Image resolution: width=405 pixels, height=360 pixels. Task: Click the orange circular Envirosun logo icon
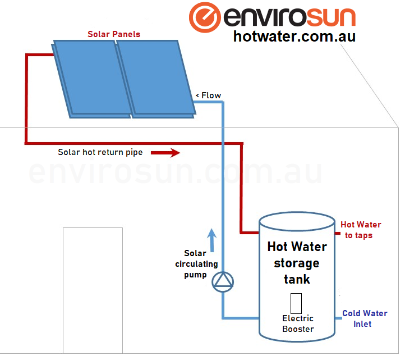205,17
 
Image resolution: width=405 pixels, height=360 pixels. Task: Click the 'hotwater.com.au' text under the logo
294,37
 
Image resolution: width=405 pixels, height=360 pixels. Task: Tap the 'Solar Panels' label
114,34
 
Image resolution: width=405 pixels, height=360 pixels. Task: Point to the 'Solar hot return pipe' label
100,152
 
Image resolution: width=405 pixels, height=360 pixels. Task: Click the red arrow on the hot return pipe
168,152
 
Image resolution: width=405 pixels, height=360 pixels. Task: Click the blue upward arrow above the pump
211,239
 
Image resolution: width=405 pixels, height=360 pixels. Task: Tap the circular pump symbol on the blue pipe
223,281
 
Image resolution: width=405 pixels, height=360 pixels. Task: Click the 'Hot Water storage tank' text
297,262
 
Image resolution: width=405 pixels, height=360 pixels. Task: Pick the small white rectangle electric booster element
296,303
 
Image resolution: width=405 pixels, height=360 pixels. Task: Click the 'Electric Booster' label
298,323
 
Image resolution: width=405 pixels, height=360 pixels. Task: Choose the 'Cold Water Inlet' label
365,318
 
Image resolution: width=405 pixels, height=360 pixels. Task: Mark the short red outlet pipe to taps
337,231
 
